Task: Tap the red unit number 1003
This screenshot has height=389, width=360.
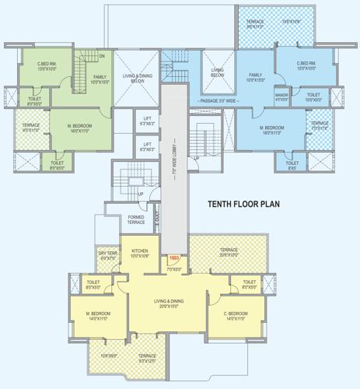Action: [x=174, y=258]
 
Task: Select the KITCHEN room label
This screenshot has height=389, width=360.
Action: [x=140, y=251]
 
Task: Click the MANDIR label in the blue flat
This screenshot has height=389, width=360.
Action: [x=281, y=96]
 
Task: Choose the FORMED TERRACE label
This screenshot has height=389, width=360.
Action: [x=137, y=220]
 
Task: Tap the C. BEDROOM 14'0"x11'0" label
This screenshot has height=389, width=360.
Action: [x=234, y=315]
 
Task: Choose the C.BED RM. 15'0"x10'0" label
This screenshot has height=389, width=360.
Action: [x=309, y=66]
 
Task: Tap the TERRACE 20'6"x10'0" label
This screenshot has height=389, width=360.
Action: [x=229, y=252]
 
